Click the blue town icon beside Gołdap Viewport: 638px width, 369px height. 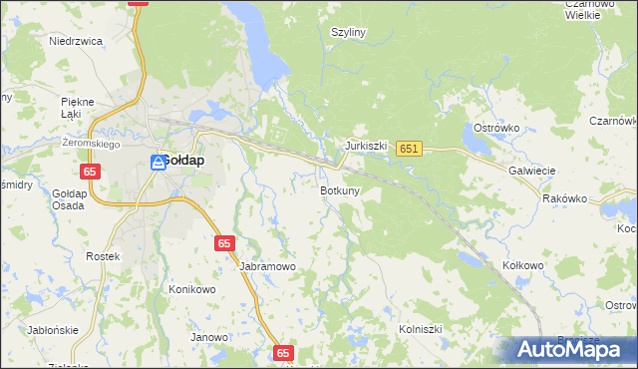coord(159,162)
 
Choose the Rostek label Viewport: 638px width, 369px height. coord(103,256)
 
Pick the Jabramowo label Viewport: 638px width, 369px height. coord(267,267)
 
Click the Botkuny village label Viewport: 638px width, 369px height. coord(340,189)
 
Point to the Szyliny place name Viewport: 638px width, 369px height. coord(348,32)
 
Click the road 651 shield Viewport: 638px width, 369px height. coord(409,149)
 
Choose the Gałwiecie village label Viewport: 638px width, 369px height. coord(531,171)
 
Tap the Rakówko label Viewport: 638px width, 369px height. coord(565,198)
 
